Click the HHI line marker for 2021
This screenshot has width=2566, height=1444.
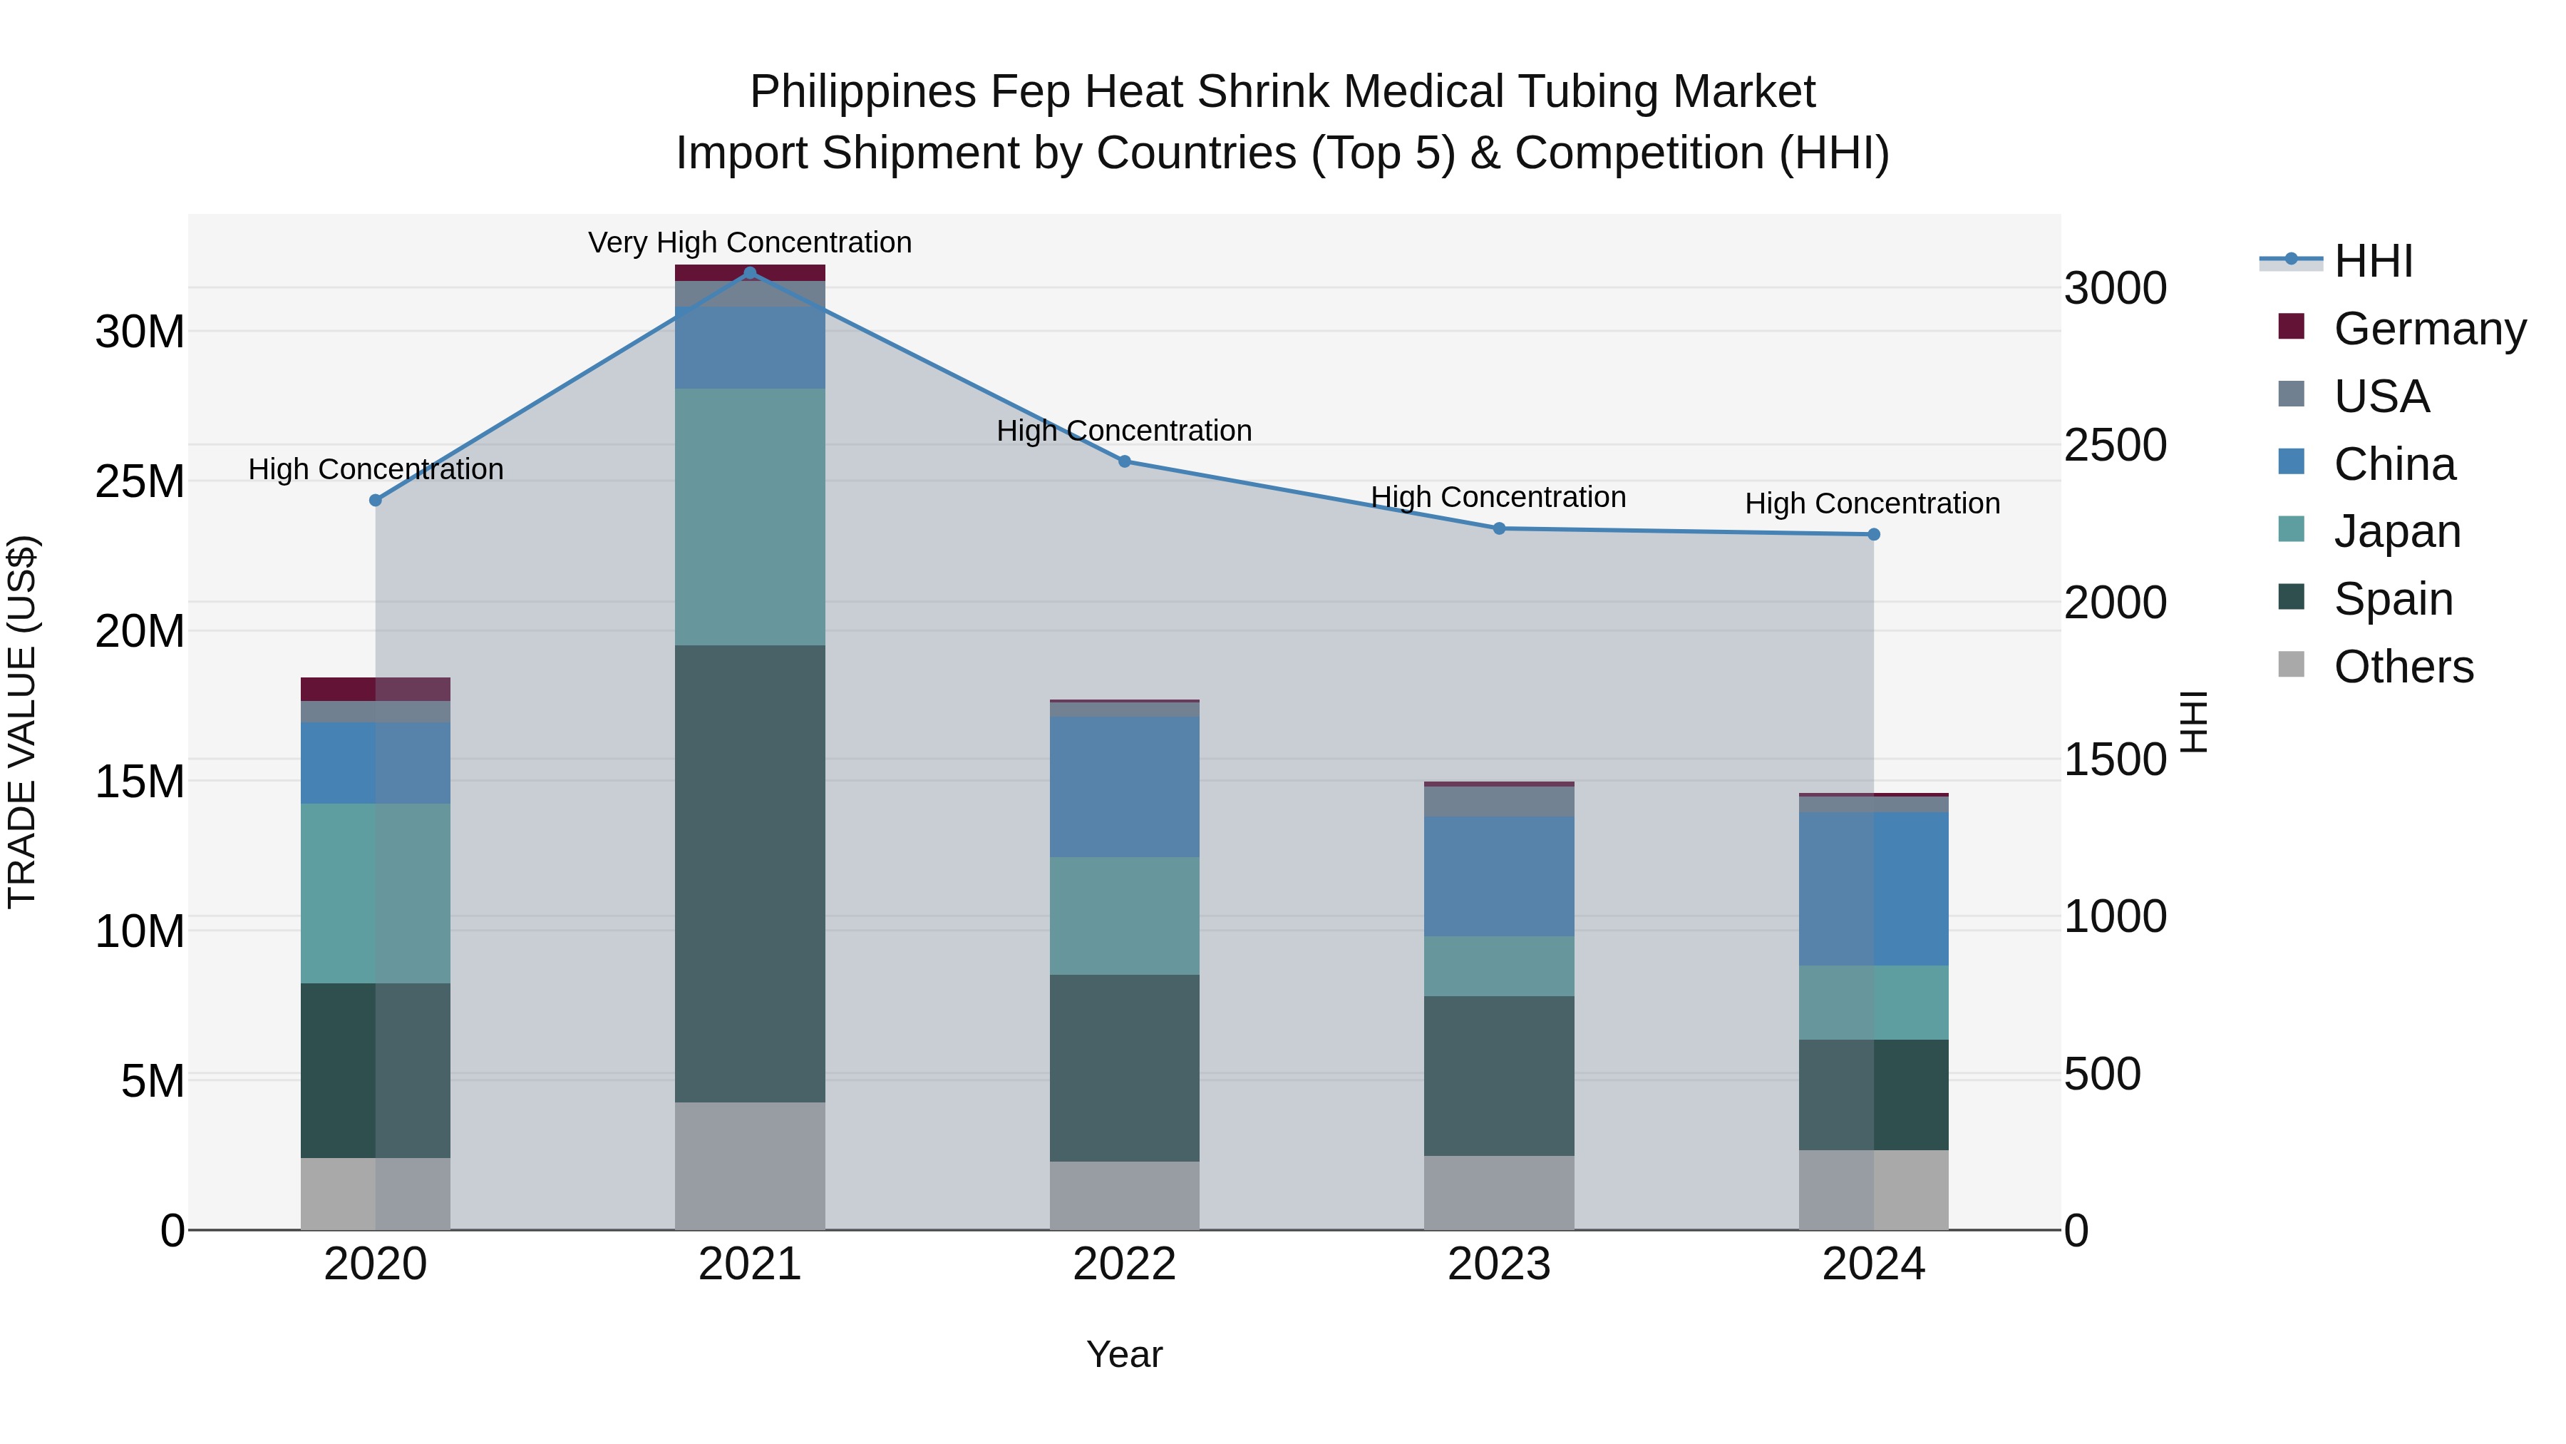click(750, 273)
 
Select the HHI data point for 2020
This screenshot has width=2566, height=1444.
click(376, 501)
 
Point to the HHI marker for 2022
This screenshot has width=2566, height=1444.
click(1125, 461)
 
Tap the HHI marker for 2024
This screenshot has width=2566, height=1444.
click(1874, 535)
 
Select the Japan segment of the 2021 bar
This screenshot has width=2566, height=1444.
click(750, 516)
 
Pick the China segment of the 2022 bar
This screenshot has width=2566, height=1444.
click(1125, 787)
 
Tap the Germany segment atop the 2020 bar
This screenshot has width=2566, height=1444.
click(376, 689)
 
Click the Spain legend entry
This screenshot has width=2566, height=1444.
click(2393, 599)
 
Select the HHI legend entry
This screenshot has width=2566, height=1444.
click(2373, 261)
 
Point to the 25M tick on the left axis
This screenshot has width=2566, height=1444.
click(140, 481)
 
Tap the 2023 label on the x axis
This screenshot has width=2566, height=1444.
click(1499, 1264)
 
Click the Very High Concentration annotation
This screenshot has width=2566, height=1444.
click(750, 243)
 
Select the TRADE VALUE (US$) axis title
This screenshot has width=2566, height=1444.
click(23, 722)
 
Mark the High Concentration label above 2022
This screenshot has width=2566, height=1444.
click(1125, 431)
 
